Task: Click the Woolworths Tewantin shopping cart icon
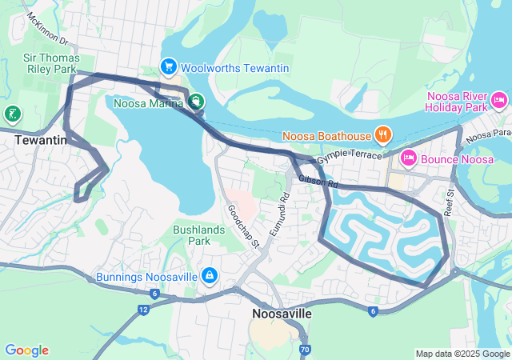tap(168, 67)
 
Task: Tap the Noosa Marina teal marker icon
tap(196, 102)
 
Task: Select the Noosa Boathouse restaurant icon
tap(383, 134)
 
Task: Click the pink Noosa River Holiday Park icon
tap(499, 100)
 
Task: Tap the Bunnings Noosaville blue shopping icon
tap(209, 276)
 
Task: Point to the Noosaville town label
tap(282, 314)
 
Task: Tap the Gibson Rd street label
tap(319, 183)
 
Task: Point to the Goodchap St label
tap(243, 227)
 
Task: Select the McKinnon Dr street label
tap(48, 30)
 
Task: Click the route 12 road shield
tap(143, 309)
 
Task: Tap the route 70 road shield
tap(304, 350)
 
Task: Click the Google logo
tap(26, 350)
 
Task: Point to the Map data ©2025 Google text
tap(462, 354)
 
